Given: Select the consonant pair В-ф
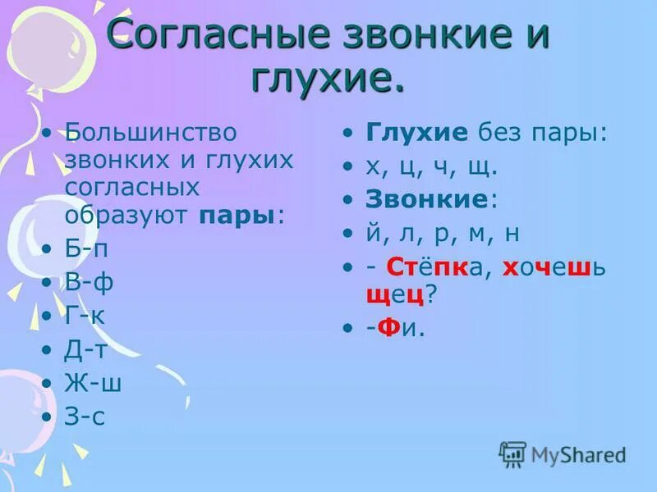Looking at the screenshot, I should click(89, 282).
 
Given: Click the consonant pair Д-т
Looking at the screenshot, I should click(86, 349).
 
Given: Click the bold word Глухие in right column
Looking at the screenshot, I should click(416, 133).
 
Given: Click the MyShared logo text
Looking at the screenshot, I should click(578, 454).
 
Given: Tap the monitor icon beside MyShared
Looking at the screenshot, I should click(512, 453).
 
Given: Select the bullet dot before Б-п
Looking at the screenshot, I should click(47, 248).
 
